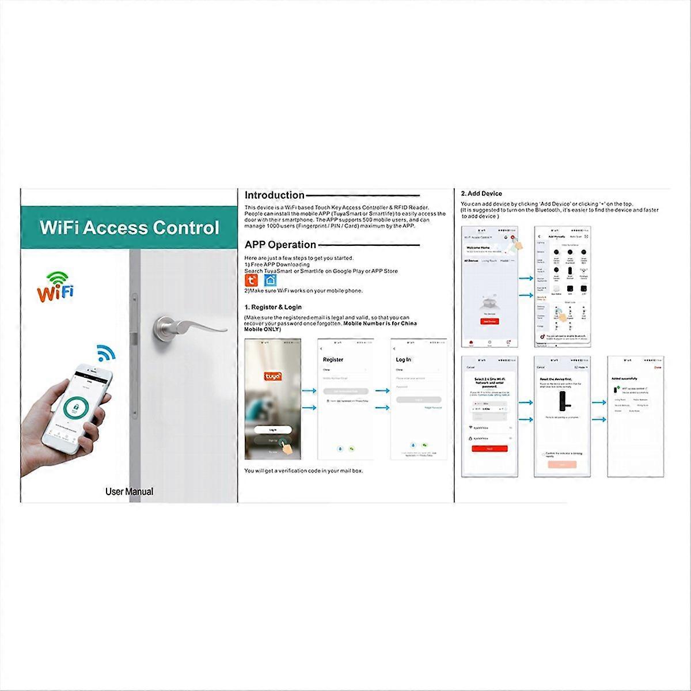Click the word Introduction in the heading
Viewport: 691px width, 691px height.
coord(274,195)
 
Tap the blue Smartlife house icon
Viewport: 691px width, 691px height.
coord(270,280)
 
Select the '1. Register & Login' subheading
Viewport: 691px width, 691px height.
coord(273,307)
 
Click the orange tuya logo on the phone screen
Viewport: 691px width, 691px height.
coord(274,375)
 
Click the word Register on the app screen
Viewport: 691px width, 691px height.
coord(333,359)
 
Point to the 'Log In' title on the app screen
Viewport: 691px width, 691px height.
coord(403,359)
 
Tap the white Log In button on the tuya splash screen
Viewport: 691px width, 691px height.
coord(273,430)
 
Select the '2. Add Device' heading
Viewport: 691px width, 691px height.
coord(481,193)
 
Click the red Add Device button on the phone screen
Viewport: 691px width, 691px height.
coord(489,321)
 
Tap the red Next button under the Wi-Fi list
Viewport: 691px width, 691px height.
coord(489,448)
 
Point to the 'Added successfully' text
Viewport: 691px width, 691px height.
coord(623,378)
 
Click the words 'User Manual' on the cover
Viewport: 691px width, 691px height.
coord(129,491)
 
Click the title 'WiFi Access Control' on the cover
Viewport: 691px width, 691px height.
coord(129,227)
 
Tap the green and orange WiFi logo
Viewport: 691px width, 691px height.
coord(55,286)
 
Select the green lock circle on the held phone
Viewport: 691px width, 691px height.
coord(76,408)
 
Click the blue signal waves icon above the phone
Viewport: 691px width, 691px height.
coord(105,352)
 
